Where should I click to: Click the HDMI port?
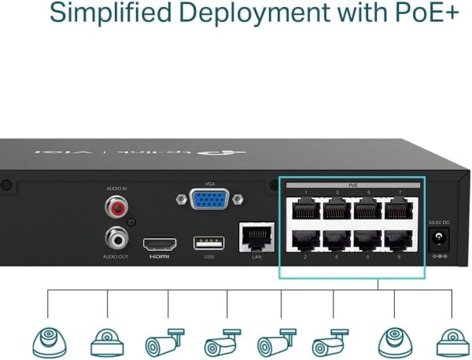(x=159, y=243)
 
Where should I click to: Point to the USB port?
(x=208, y=243)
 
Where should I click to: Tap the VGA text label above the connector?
(x=209, y=183)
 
